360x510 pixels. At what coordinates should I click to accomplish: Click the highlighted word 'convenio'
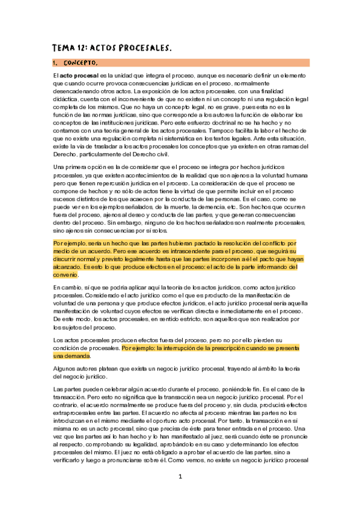66,274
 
